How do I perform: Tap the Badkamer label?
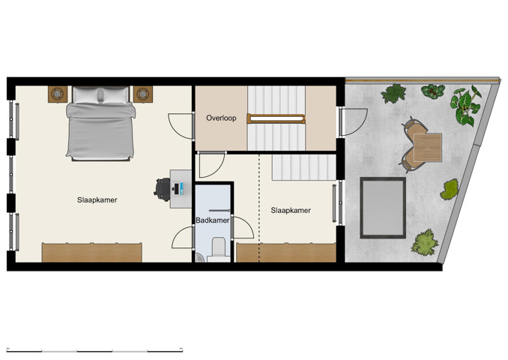(212, 220)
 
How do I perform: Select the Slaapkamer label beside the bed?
(97, 200)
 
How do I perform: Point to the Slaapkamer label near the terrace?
(291, 211)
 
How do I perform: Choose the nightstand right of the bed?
(143, 94)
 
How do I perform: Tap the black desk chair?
(163, 187)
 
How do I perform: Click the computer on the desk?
(180, 187)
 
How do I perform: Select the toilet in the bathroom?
(219, 247)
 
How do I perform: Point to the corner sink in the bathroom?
(198, 257)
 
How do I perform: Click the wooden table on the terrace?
(426, 148)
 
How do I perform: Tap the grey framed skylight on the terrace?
(384, 206)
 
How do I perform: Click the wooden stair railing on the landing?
(276, 117)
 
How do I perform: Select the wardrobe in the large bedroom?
(92, 252)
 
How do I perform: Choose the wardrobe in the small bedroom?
(286, 252)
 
